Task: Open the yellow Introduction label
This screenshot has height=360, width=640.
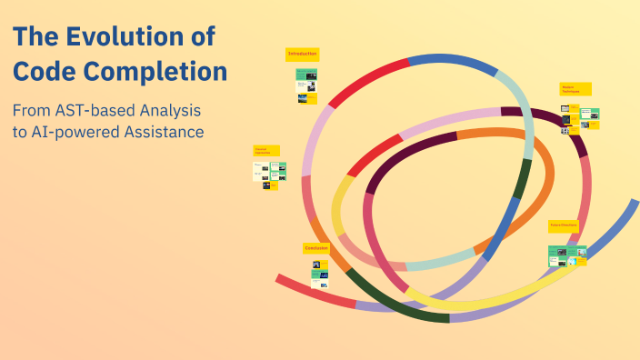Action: click(x=302, y=55)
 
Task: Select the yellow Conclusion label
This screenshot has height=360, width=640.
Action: click(x=315, y=247)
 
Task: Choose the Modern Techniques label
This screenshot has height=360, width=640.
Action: click(x=575, y=89)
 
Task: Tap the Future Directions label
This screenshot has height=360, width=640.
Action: click(x=564, y=224)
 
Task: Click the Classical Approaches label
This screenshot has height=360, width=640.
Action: click(x=265, y=150)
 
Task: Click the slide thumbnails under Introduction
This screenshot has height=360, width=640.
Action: click(x=306, y=86)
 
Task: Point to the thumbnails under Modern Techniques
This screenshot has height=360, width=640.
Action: click(x=579, y=119)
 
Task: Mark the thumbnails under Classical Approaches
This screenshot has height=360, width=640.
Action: click(x=270, y=175)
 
